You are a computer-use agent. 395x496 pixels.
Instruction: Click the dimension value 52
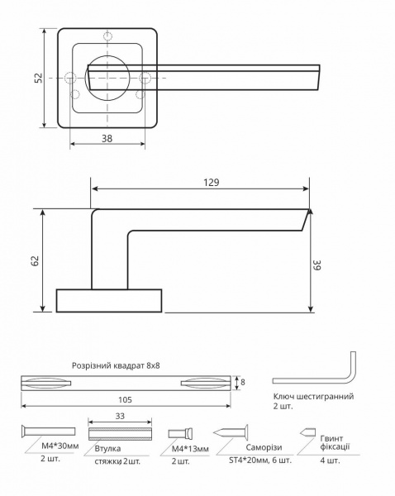click(x=38, y=78)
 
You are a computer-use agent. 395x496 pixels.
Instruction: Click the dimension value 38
click(x=107, y=139)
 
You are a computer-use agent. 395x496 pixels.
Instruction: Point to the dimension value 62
click(x=35, y=260)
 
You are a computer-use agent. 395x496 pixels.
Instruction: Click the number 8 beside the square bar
click(x=242, y=382)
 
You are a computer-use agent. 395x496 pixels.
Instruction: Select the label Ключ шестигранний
click(x=313, y=397)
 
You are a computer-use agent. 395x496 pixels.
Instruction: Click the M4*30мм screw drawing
click(x=45, y=432)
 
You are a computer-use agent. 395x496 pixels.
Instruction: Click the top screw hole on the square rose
click(x=107, y=36)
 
